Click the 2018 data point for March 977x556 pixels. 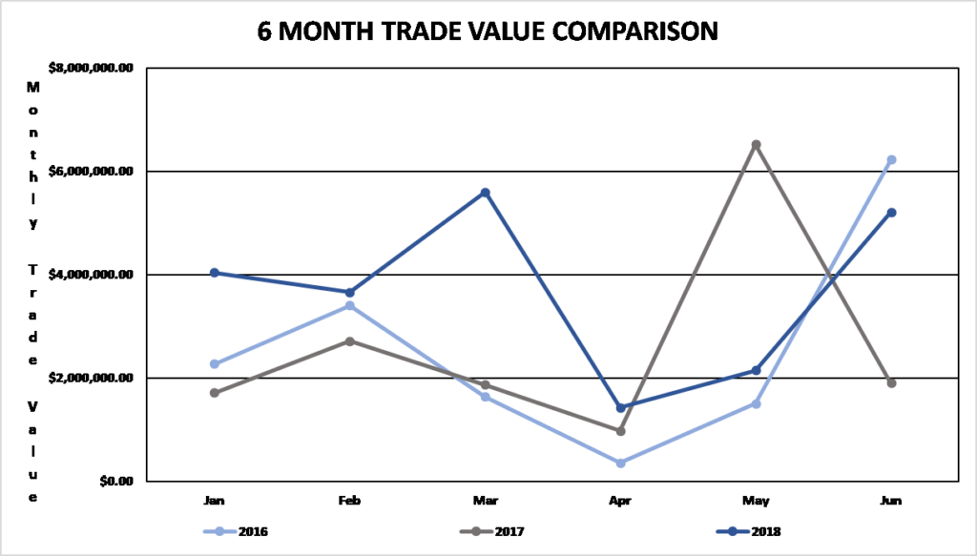click(x=485, y=193)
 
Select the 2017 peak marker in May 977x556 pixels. click(x=756, y=145)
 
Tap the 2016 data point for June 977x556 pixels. click(x=891, y=160)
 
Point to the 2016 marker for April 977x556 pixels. click(x=620, y=463)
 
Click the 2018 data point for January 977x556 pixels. click(x=215, y=273)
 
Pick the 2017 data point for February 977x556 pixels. click(x=350, y=341)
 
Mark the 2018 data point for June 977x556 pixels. click(x=891, y=213)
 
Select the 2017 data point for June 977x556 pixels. click(x=891, y=383)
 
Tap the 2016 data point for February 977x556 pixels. click(x=350, y=306)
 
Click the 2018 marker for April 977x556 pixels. click(x=620, y=408)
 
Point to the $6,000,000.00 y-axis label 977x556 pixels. click(x=90, y=171)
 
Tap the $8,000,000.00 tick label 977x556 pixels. click(x=90, y=69)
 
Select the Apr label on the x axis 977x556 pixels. click(x=620, y=500)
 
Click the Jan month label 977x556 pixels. click(x=215, y=500)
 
